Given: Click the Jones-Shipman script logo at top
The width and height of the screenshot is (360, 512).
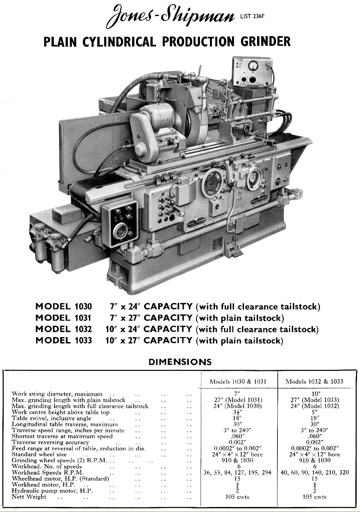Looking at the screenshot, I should point(169,18).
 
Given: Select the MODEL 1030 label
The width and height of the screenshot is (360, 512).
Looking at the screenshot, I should point(63,306).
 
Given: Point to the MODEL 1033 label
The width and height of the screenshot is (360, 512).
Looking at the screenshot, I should point(63,340).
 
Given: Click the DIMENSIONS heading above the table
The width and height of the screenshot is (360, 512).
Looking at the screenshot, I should point(180,362).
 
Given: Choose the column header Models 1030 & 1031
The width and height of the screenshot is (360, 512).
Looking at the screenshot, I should point(238,381).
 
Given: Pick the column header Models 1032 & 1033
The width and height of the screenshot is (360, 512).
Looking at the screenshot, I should point(314,381).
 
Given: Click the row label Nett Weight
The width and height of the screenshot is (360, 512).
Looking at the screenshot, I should point(29,497).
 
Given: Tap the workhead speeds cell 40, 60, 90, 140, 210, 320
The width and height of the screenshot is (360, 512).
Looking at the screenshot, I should point(314,473).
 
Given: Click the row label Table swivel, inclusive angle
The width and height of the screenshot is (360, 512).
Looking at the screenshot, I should point(51,418).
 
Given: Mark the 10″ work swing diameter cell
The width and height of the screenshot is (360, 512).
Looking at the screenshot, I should point(314,394).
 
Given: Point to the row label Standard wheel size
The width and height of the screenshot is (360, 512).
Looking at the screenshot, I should point(39,454).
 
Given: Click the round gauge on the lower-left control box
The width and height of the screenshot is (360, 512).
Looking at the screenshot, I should point(119,232).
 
